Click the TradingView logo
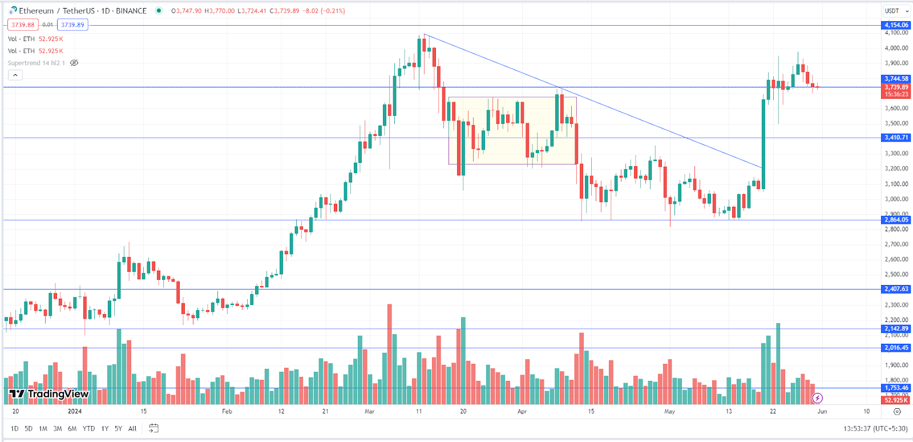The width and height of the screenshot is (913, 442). (x=49, y=394)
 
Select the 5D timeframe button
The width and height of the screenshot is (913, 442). (x=29, y=428)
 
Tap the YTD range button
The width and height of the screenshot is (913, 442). (x=88, y=428)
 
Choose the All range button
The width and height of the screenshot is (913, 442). (x=132, y=428)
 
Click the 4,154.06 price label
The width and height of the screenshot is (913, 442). (x=896, y=25)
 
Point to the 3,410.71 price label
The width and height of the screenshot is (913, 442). (x=896, y=138)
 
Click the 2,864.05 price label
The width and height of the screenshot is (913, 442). (x=896, y=220)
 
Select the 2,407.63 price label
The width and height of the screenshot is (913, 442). (x=896, y=289)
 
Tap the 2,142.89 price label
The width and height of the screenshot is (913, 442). (x=896, y=328)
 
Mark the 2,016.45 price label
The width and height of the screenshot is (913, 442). (x=896, y=348)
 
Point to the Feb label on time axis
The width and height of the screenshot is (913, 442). (x=227, y=411)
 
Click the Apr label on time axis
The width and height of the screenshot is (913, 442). (x=522, y=411)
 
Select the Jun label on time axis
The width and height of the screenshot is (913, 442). (x=822, y=411)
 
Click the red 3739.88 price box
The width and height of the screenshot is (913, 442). (x=23, y=25)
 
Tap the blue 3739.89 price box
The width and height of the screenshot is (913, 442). (x=72, y=25)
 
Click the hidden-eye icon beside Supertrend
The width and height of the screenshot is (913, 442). (x=74, y=63)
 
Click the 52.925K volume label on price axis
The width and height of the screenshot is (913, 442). (x=896, y=400)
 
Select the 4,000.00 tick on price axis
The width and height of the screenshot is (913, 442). (x=896, y=48)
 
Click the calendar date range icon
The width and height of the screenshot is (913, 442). (x=153, y=428)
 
